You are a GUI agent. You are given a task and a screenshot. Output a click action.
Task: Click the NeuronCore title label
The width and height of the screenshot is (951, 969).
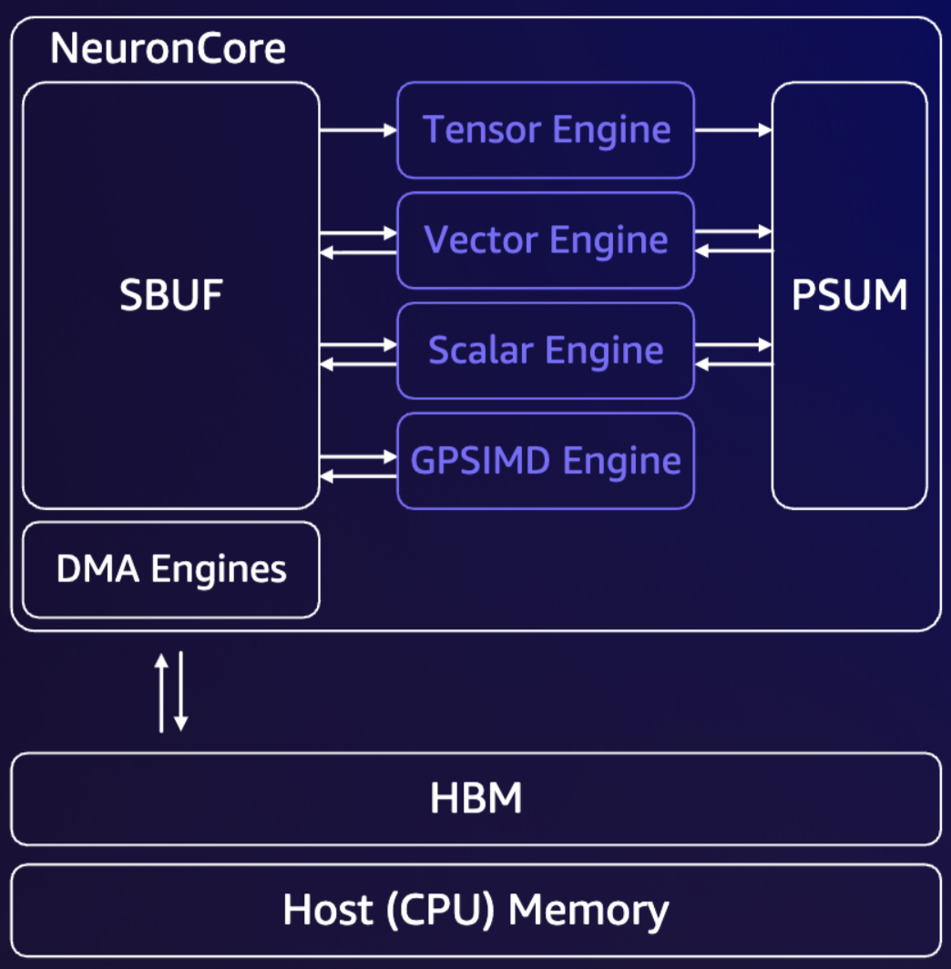(x=168, y=48)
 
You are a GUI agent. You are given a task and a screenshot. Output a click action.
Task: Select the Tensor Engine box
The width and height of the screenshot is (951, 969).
(x=546, y=130)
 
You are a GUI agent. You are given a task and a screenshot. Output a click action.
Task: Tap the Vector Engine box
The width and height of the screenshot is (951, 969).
(x=546, y=240)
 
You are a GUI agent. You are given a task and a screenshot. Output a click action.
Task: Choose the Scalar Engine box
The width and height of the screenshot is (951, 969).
(x=546, y=351)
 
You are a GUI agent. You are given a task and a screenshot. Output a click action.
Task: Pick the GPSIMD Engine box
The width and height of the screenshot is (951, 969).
(x=546, y=461)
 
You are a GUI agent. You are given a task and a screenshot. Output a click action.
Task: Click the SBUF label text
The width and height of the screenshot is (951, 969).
(x=171, y=295)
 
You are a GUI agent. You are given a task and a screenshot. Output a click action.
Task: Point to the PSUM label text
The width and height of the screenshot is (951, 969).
(x=849, y=295)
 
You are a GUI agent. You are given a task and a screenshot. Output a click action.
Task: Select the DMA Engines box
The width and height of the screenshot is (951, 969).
(x=171, y=570)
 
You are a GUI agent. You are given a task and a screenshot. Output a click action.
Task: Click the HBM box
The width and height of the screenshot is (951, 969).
(x=475, y=799)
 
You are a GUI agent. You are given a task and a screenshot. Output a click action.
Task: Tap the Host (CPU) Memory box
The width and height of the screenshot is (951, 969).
(x=475, y=910)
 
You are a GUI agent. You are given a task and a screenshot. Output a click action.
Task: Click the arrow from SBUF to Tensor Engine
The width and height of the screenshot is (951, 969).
(x=358, y=130)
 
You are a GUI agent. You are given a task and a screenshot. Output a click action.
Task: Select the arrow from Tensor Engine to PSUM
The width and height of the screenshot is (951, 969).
(x=733, y=130)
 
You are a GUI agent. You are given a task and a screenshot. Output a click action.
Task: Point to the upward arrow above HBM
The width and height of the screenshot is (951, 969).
(x=161, y=691)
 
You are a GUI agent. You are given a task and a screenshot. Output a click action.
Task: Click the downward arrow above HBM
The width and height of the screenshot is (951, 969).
(x=180, y=691)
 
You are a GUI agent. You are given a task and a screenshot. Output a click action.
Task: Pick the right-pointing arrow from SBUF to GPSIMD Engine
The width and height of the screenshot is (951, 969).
(x=358, y=456)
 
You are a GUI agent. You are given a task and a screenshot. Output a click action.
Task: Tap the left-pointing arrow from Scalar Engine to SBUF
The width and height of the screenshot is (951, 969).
(x=358, y=364)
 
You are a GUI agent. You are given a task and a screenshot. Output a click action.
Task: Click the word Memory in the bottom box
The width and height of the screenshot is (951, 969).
(x=588, y=910)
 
